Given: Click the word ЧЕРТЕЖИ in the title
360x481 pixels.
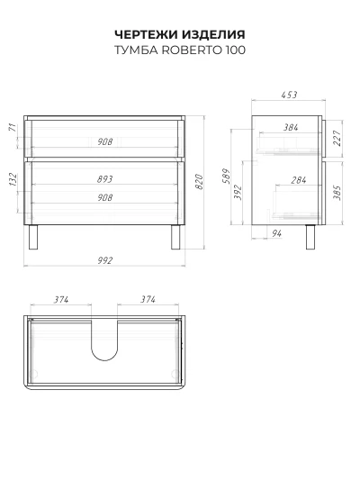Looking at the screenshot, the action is point(147,34).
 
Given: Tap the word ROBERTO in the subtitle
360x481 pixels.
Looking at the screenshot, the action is point(193,50).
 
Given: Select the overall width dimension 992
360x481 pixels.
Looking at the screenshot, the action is point(105,260).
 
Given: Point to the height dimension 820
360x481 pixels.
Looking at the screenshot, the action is point(199,182).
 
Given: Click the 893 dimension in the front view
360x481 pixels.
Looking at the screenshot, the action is point(104,179).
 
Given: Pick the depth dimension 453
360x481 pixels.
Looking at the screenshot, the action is point(289,95).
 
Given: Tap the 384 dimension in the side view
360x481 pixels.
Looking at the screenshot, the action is point(291,127).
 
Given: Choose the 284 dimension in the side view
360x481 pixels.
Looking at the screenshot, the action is point(299,180).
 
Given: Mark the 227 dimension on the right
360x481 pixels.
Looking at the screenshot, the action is point(337,138).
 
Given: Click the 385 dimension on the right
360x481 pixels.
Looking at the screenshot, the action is point(337,193).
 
